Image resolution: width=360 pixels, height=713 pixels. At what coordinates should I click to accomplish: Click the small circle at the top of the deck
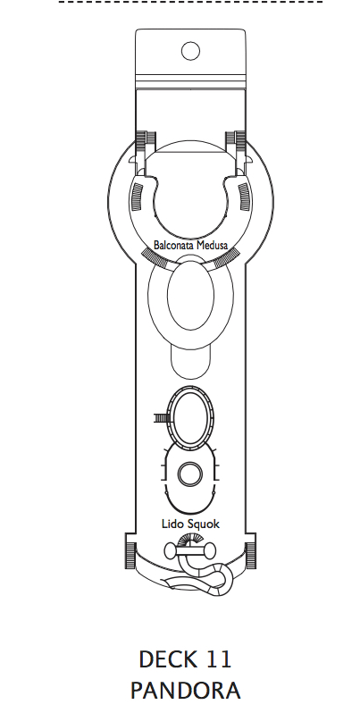pos(190,51)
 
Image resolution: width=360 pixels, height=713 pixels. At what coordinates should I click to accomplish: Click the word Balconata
pos(173,246)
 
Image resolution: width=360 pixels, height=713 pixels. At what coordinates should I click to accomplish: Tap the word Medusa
pos(212,246)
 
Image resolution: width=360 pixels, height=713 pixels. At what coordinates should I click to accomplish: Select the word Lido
pos(172,524)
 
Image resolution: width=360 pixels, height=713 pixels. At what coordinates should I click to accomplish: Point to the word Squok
pos(203,524)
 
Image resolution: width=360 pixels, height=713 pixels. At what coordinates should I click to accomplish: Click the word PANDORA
pos(185,691)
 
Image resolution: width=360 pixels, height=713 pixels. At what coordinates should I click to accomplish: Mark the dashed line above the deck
pos(190,2)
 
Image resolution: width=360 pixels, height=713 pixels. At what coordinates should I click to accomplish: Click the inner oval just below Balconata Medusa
pos(190,295)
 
